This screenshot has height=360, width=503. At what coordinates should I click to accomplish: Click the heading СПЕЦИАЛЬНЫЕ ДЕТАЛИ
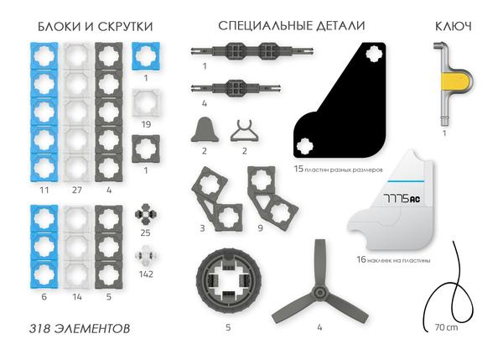point(291,27)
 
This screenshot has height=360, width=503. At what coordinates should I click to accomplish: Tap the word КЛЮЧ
point(453,27)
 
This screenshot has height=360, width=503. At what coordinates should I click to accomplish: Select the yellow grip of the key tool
point(454,81)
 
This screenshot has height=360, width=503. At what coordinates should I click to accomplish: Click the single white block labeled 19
point(148,102)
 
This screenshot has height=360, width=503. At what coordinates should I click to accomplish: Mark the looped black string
point(454,290)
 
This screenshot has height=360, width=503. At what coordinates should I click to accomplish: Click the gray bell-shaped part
point(205,129)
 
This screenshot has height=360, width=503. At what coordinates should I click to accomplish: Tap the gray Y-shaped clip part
point(244,129)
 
